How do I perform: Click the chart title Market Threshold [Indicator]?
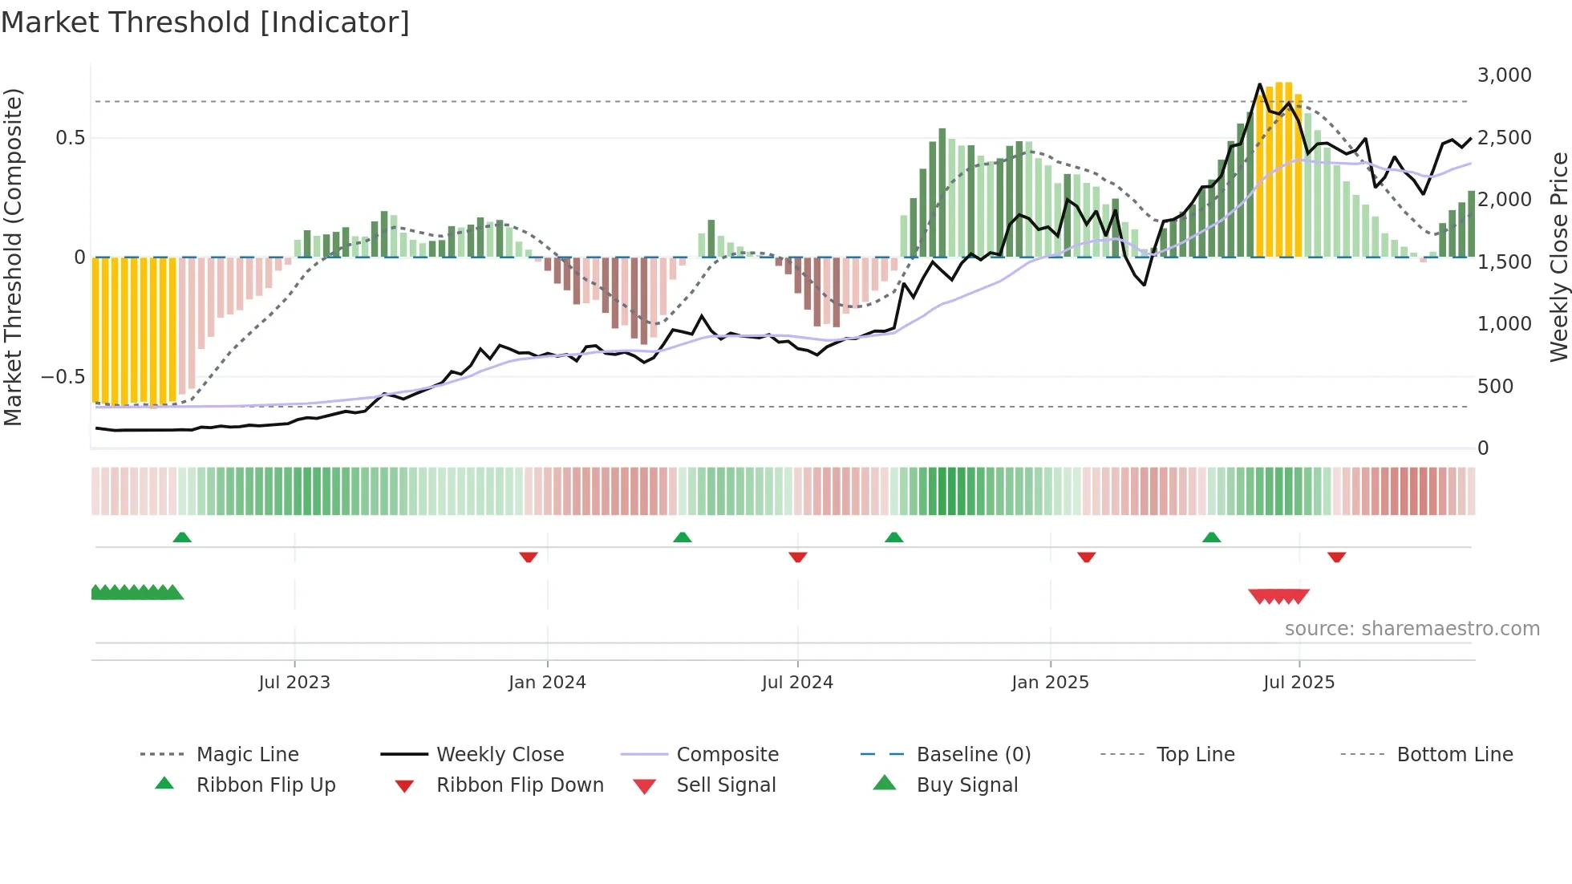205,22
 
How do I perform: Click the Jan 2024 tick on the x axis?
547,682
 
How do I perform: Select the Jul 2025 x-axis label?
1299,682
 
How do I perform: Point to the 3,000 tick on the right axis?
1504,75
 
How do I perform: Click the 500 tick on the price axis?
1495,386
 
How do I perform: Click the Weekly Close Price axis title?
1558,257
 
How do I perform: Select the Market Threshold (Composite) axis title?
13,257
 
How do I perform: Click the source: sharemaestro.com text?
1412,628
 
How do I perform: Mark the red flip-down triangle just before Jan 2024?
528,557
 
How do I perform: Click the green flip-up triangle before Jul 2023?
182,537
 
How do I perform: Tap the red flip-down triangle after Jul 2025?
1336,557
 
